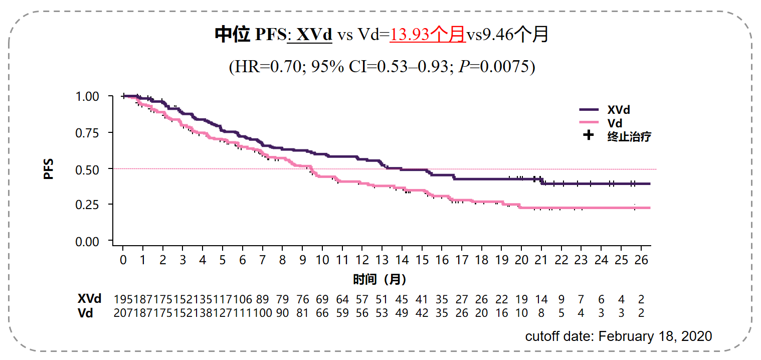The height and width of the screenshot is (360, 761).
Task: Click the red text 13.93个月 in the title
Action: click(x=428, y=35)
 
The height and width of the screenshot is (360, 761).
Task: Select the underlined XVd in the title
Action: click(x=314, y=35)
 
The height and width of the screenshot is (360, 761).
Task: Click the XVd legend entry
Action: click(x=618, y=110)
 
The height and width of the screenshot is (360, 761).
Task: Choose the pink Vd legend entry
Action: click(x=615, y=123)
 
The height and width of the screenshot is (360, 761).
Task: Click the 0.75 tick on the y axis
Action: click(x=88, y=133)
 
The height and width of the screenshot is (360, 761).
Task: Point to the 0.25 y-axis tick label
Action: click(x=88, y=205)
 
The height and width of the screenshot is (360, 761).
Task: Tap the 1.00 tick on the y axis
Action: click(x=88, y=96)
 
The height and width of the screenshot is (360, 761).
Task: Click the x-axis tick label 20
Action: click(x=521, y=260)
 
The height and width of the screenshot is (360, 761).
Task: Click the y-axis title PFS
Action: click(x=49, y=169)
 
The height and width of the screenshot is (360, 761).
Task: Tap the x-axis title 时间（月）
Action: click(x=379, y=279)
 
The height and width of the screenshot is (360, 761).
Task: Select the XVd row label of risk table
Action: click(x=89, y=299)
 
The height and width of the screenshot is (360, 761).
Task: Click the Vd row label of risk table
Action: click(x=85, y=313)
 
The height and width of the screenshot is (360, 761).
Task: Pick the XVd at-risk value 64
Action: click(x=342, y=300)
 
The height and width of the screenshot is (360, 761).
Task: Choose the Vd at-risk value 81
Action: click(x=302, y=313)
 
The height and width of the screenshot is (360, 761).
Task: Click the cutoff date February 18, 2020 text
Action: click(x=618, y=336)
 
